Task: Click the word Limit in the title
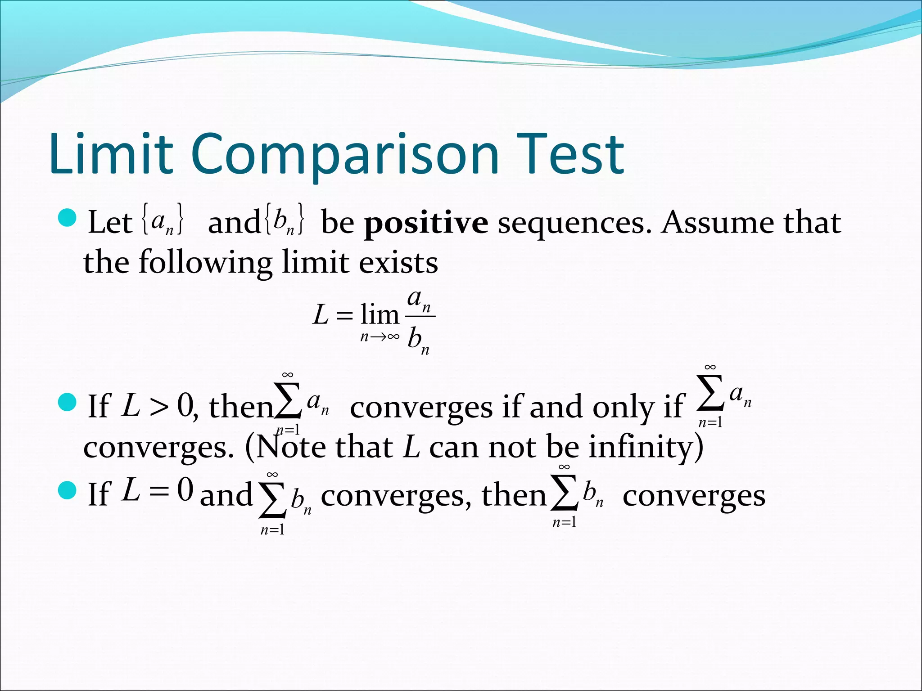[x=111, y=154]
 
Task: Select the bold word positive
[x=426, y=223]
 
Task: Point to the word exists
[x=398, y=263]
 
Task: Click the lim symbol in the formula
[x=380, y=314]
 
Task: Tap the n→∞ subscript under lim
[x=380, y=337]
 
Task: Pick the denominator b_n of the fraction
[x=418, y=340]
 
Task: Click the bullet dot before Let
[x=68, y=218]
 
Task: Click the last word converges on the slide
[x=694, y=496]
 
